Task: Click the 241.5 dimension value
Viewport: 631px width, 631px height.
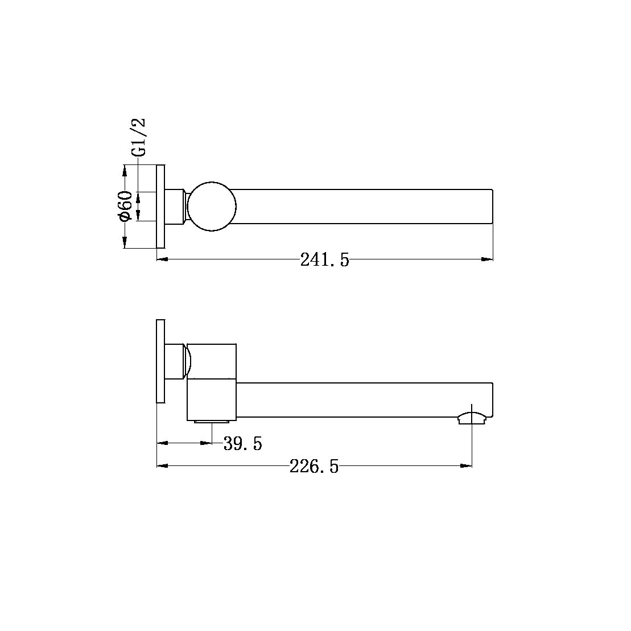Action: [324, 260]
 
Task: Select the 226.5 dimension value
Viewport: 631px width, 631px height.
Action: [314, 467]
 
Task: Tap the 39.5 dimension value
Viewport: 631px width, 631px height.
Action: [243, 443]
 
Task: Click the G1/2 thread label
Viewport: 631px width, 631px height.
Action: [139, 137]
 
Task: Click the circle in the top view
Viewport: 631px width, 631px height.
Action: [212, 207]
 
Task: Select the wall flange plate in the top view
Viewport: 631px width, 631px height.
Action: [160, 207]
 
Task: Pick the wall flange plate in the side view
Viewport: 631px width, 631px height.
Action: [160, 361]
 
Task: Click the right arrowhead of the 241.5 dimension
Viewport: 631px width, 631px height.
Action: [488, 259]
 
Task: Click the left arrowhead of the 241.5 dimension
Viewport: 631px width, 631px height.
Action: [162, 259]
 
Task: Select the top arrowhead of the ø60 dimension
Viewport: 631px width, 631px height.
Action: [125, 170]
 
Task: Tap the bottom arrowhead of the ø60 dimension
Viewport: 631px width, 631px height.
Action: [125, 243]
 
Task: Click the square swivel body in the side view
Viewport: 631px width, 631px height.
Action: [212, 382]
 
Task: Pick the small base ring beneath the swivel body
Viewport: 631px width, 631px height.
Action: [212, 422]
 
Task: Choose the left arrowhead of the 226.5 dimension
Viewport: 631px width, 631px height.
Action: [162, 466]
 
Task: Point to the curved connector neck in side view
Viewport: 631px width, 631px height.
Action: [186, 361]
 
